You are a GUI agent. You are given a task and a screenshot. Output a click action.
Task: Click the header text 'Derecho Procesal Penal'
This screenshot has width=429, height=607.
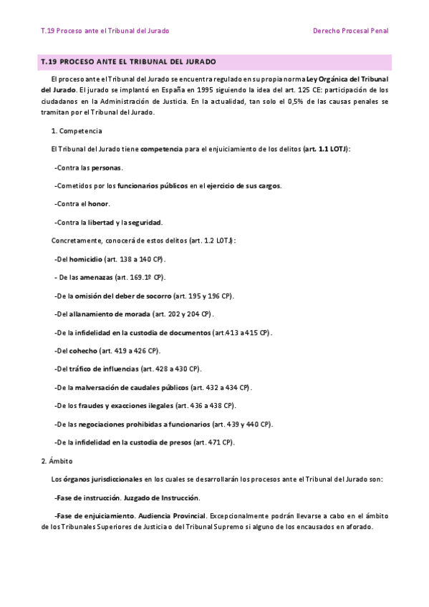tap(351, 31)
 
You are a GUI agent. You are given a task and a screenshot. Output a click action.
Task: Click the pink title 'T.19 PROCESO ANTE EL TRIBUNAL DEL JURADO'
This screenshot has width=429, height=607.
tap(129, 62)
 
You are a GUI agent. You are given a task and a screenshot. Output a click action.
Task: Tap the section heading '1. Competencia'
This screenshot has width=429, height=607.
tap(77, 132)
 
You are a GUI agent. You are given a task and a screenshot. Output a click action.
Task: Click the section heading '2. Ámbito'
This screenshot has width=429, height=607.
tap(57, 461)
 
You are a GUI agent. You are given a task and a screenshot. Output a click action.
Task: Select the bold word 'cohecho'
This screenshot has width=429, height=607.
tap(82, 351)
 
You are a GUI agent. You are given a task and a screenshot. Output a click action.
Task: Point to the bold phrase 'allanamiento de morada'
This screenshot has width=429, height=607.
tap(110, 314)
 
